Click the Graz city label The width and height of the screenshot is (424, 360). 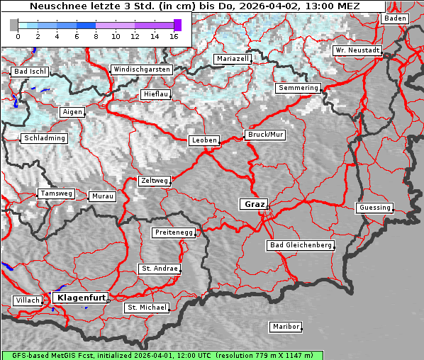[254, 204]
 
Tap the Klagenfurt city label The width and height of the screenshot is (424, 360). [80, 298]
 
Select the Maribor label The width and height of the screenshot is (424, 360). [286, 327]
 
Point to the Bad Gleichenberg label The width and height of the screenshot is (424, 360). [300, 245]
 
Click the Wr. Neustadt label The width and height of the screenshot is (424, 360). [357, 50]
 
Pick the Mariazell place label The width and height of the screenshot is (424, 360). [233, 59]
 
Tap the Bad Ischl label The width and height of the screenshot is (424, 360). [29, 72]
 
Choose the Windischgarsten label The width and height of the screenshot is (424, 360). [141, 69]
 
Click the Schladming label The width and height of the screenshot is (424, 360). [45, 138]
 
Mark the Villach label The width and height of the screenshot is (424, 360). [28, 300]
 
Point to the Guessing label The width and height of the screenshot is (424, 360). [374, 208]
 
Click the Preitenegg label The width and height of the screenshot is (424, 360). [173, 232]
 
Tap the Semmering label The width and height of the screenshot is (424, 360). [298, 88]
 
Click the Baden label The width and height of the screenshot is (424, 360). [395, 18]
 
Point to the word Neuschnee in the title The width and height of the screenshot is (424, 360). [55, 6]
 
